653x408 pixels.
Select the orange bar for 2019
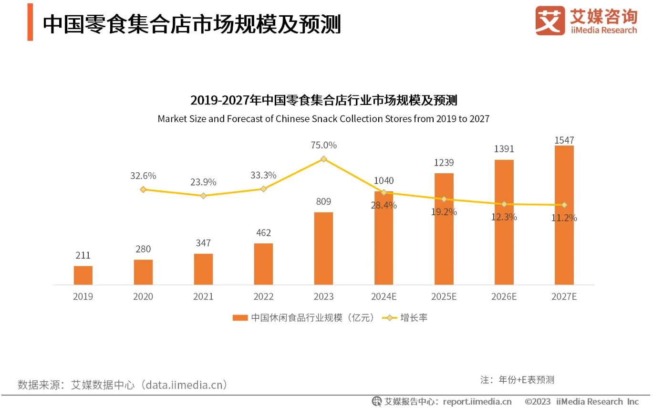[83, 275]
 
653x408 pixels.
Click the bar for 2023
[323, 248]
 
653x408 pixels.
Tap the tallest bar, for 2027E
[564, 215]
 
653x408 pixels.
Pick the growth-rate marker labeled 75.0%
[323, 159]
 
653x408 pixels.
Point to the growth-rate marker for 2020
[143, 189]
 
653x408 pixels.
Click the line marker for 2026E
[504, 204]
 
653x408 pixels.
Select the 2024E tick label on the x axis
[384, 297]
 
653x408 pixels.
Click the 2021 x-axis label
[203, 297]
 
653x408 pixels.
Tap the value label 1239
[444, 163]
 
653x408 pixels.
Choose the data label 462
[263, 233]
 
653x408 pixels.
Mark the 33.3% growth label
[263, 175]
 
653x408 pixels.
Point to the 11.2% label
[564, 218]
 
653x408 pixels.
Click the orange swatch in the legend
[240, 318]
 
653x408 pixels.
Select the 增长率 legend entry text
[414, 318]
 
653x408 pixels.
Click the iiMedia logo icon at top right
[549, 21]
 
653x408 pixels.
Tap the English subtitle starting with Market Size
[323, 119]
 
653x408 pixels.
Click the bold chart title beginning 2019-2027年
[323, 101]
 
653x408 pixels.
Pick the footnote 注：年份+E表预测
[517, 380]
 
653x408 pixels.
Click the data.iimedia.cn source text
[186, 385]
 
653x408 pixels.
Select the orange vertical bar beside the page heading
[30, 22]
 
